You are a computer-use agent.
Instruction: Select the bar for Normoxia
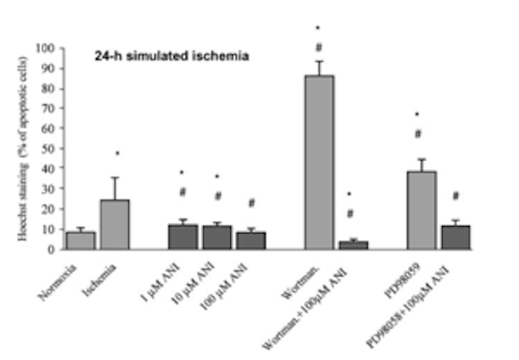80,241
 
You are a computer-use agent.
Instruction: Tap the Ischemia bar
115,225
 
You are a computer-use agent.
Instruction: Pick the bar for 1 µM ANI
183,237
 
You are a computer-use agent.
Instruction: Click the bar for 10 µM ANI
216,238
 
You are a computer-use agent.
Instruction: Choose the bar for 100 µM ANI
251,241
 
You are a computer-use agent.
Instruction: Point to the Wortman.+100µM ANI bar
353,245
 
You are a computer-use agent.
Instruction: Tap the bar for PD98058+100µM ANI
455,238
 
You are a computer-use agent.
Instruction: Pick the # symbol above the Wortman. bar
318,47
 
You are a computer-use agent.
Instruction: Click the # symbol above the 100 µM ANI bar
251,203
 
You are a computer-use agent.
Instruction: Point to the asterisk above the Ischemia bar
117,154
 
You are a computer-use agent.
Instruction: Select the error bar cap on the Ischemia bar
115,178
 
